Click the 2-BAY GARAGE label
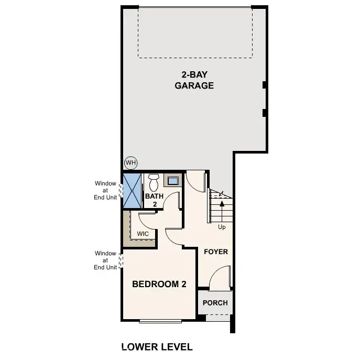pos(194,80)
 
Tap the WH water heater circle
pos(130,162)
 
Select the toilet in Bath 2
pos(154,183)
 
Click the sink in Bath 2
pos(172,181)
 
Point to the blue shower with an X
pos(133,190)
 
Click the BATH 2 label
pos(155,200)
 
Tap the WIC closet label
pos(143,233)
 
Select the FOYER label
pos(216,252)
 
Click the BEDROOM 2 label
pos(159,285)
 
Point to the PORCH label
pos(215,303)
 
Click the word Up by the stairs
pos(222,227)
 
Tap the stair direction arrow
pos(222,207)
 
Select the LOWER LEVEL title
pos(157,347)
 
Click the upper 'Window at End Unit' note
pos(105,190)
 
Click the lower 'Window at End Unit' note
pos(105,260)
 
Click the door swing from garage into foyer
pos(196,181)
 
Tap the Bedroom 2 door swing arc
pos(174,236)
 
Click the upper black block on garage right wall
pos(265,85)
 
